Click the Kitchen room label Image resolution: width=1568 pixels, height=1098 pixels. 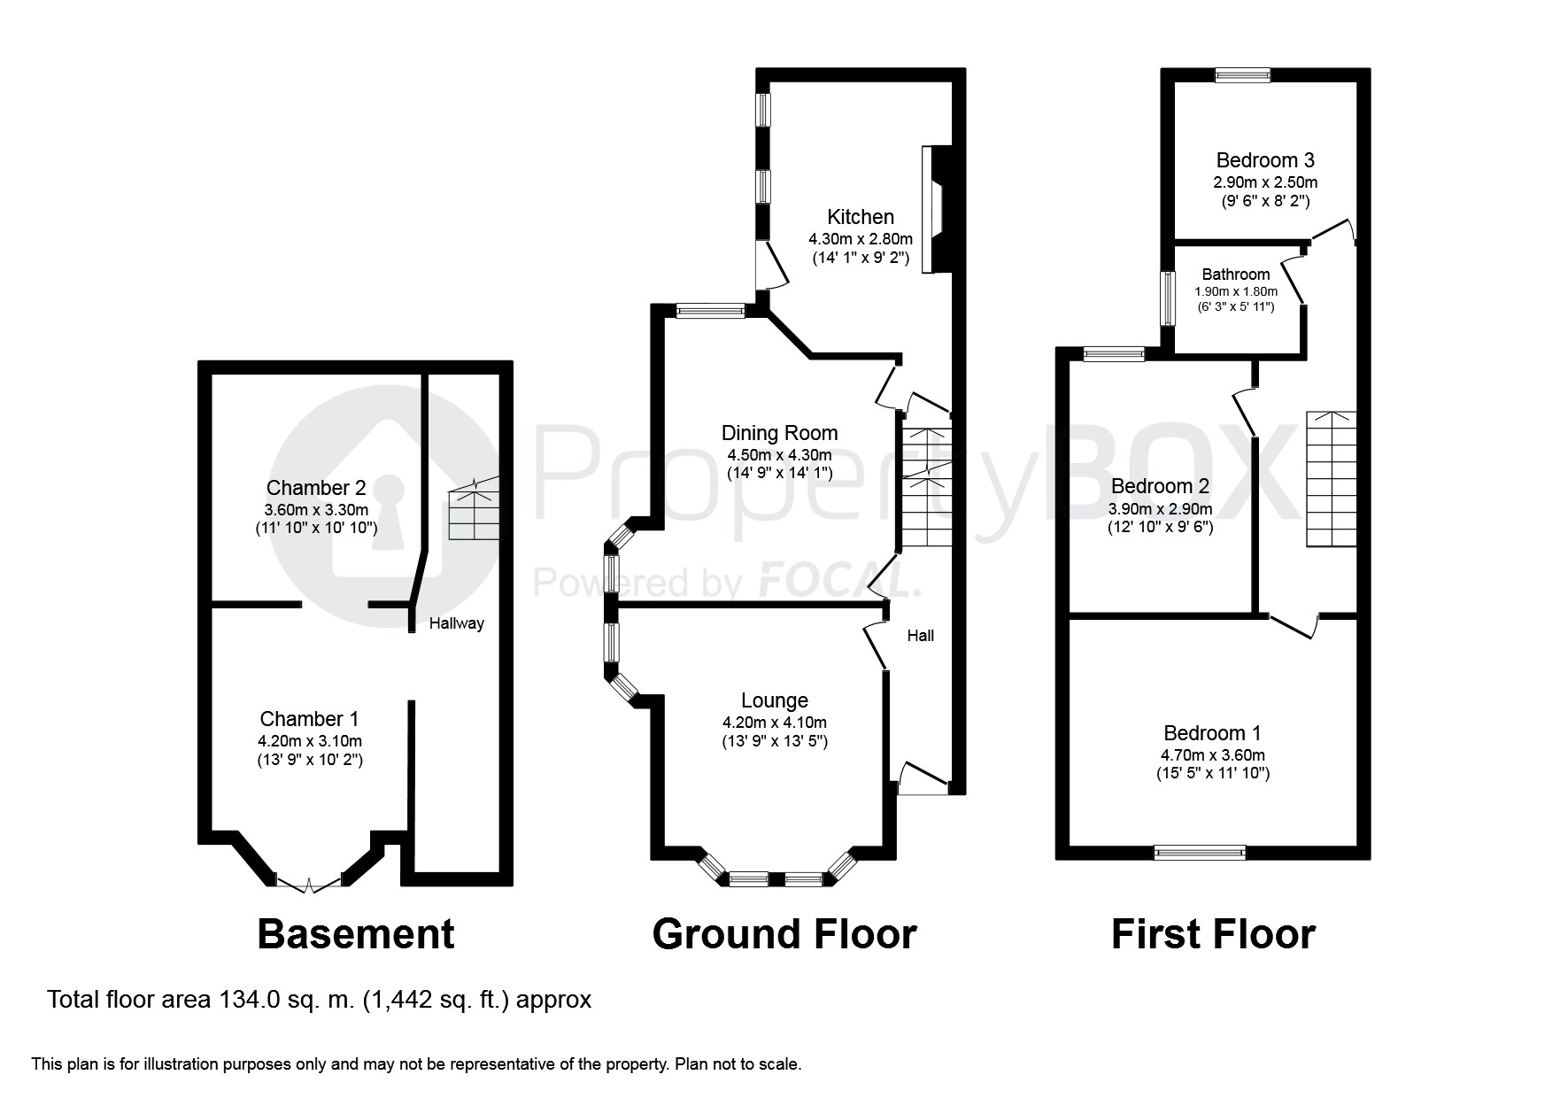pyautogui.click(x=860, y=217)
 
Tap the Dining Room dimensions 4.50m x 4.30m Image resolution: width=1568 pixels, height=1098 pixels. pyautogui.click(x=779, y=455)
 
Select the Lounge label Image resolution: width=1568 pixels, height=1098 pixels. pyautogui.click(x=774, y=700)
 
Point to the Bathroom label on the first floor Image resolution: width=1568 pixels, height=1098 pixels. pyautogui.click(x=1235, y=274)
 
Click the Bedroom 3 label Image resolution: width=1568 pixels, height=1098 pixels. pyautogui.click(x=1264, y=160)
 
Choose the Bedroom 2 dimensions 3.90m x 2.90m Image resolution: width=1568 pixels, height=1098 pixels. pyautogui.click(x=1160, y=509)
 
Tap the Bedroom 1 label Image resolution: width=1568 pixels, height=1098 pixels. pyautogui.click(x=1212, y=733)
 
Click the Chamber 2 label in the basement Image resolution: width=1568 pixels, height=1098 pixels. pyautogui.click(x=315, y=488)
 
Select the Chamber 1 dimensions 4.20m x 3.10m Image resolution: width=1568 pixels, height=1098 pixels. pyautogui.click(x=310, y=741)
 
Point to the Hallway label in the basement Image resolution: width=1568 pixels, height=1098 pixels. pyautogui.click(x=456, y=623)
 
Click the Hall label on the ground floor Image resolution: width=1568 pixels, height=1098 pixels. pyautogui.click(x=920, y=636)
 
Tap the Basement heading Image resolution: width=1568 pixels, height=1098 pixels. pyautogui.click(x=355, y=934)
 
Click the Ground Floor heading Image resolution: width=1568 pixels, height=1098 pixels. pyautogui.click(x=784, y=934)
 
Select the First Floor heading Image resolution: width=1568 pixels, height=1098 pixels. pyautogui.click(x=1212, y=934)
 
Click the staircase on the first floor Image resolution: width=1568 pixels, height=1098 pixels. pyautogui.click(x=1331, y=479)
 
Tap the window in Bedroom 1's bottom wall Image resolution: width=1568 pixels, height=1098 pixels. pyautogui.click(x=1200, y=853)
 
